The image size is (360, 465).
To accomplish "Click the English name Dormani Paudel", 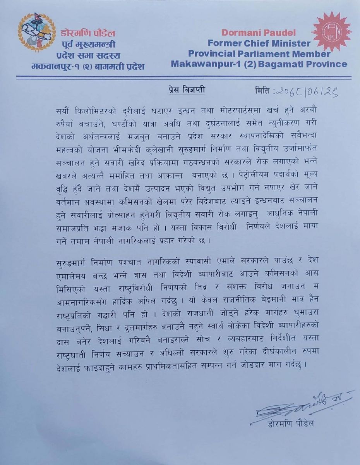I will [259, 33].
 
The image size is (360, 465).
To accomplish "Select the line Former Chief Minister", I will [259, 43].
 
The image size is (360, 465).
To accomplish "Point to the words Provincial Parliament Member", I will [259, 53].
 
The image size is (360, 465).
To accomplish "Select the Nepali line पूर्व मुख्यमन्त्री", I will [89, 45].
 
